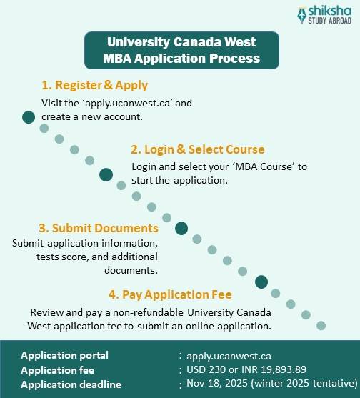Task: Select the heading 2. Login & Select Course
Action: pos(198,150)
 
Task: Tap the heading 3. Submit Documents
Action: pos(99,228)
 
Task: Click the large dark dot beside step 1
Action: pos(29,117)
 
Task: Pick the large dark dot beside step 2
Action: pos(106,174)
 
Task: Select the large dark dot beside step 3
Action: pos(181,228)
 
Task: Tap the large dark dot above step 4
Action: pos(261,282)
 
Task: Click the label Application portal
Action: pos(65,355)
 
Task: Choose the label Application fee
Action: pos(57,370)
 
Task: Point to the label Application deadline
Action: pos(71,384)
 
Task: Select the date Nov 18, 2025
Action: pos(219,384)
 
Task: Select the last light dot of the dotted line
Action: pos(321,325)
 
